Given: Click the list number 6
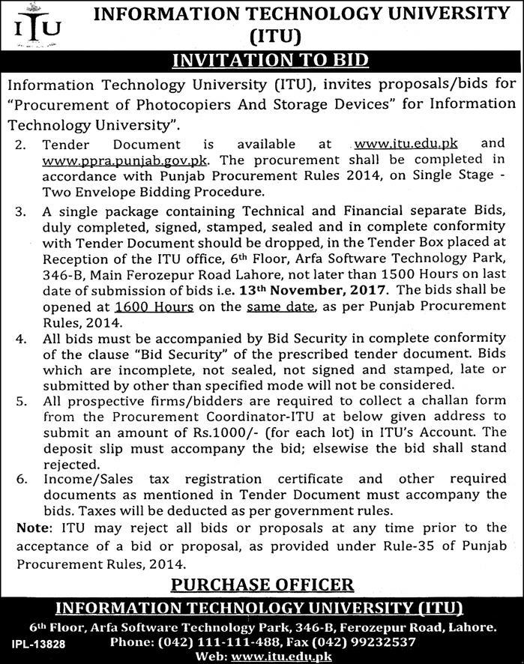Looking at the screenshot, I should [x=22, y=478].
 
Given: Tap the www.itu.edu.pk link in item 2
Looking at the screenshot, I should [x=405, y=142].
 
